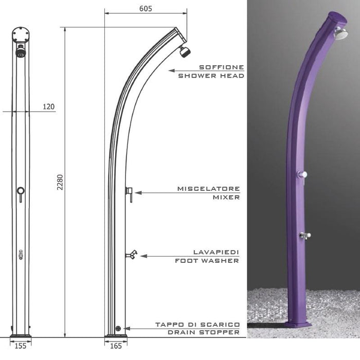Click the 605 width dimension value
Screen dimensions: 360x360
[x=146, y=8]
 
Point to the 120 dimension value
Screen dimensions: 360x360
[x=48, y=106]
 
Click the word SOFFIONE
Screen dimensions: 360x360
[x=221, y=67]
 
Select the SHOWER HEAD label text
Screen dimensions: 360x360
[x=211, y=76]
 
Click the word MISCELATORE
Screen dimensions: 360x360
[x=208, y=189]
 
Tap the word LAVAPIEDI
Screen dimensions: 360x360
[x=216, y=252]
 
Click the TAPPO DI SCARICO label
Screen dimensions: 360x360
[x=197, y=325]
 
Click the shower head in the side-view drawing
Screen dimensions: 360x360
[x=184, y=51]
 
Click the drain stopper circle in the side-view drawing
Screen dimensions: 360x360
[x=118, y=328]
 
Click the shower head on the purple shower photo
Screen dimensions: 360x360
[x=340, y=33]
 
